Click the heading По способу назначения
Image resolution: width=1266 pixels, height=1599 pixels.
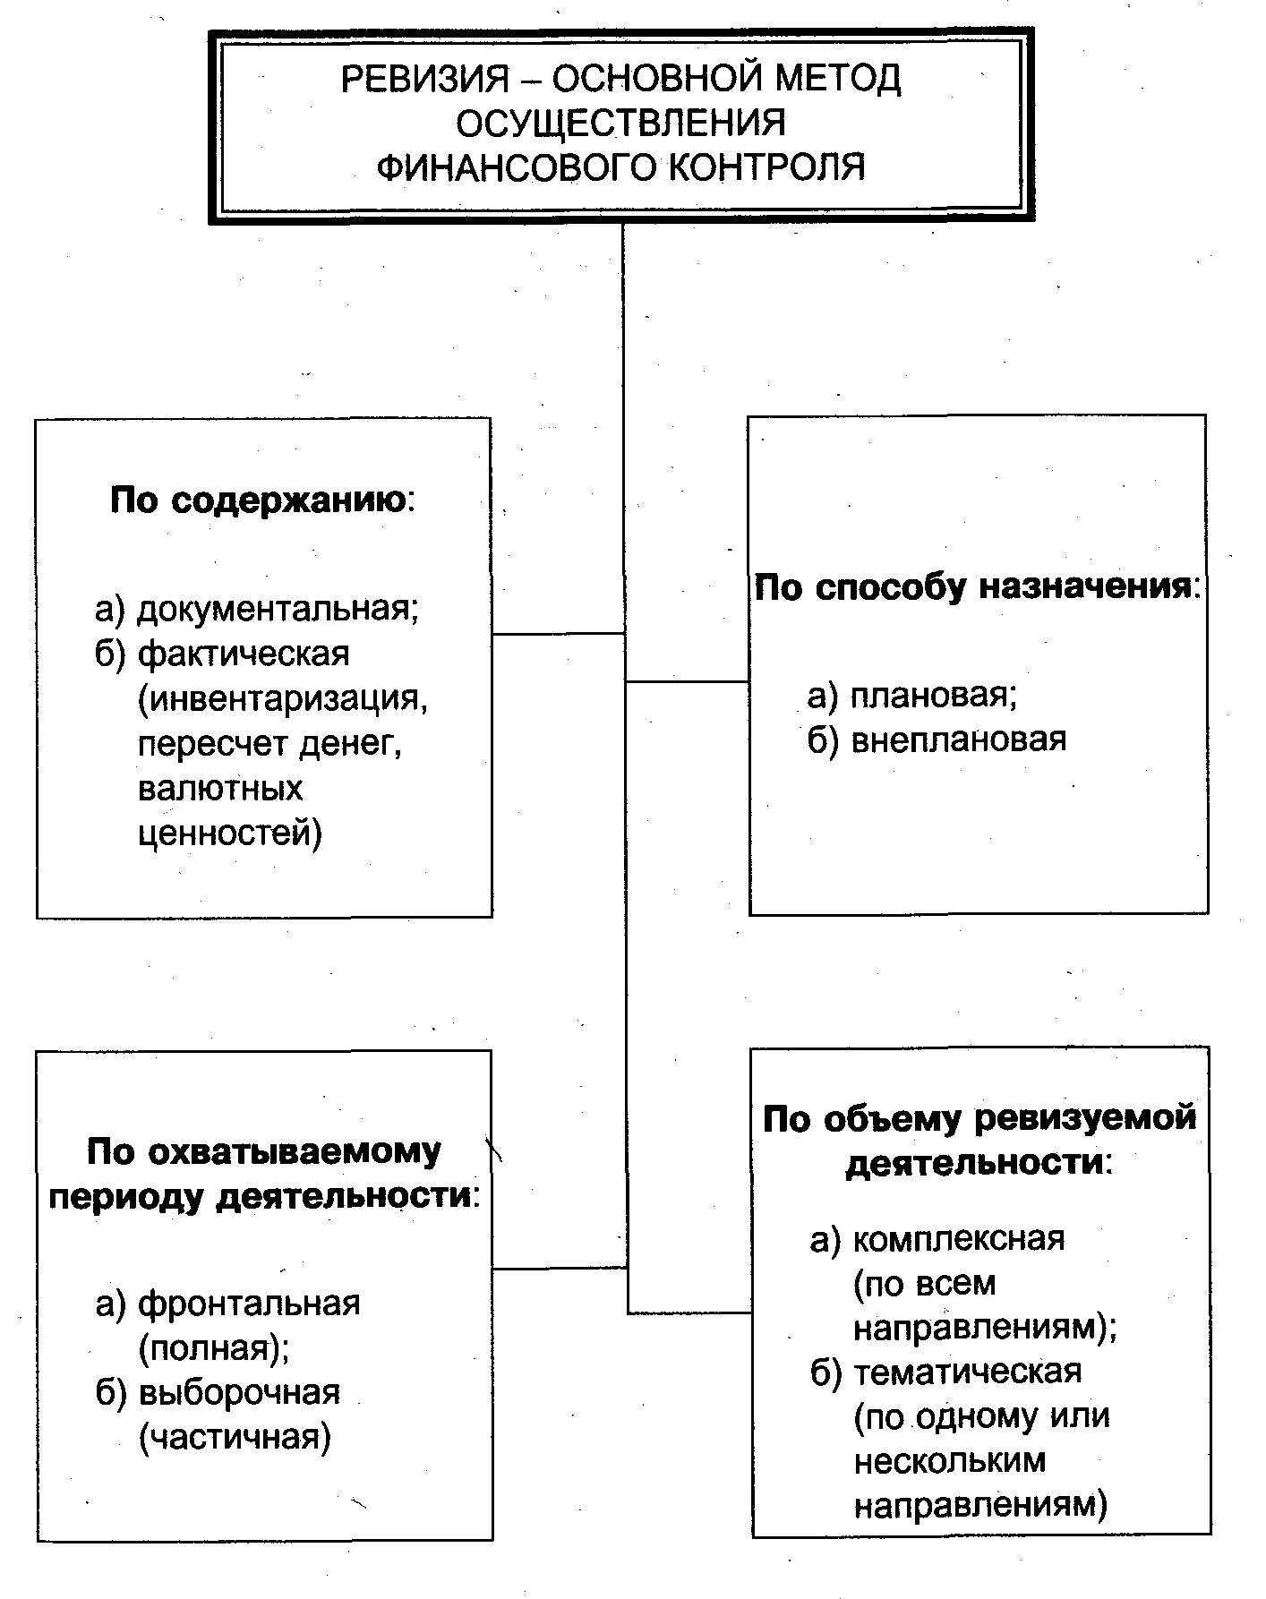(x=975, y=588)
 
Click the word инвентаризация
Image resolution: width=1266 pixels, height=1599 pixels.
(x=283, y=698)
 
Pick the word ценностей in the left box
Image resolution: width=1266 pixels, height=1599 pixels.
(x=229, y=833)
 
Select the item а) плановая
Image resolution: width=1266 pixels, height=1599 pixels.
(x=912, y=696)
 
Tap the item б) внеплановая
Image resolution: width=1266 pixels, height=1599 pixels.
(x=937, y=740)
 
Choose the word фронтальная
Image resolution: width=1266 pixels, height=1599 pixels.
(x=249, y=1304)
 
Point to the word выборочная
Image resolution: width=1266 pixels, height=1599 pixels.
(x=239, y=1393)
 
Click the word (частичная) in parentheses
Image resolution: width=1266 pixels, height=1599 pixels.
(x=235, y=1437)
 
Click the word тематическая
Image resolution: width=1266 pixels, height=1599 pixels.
(x=967, y=1372)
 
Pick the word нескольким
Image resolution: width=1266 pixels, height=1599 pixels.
(x=949, y=1461)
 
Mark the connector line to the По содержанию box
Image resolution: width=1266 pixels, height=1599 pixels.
(x=558, y=634)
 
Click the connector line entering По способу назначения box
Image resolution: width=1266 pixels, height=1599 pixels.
(x=687, y=682)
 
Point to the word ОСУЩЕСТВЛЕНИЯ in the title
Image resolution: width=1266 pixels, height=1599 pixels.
(x=620, y=124)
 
